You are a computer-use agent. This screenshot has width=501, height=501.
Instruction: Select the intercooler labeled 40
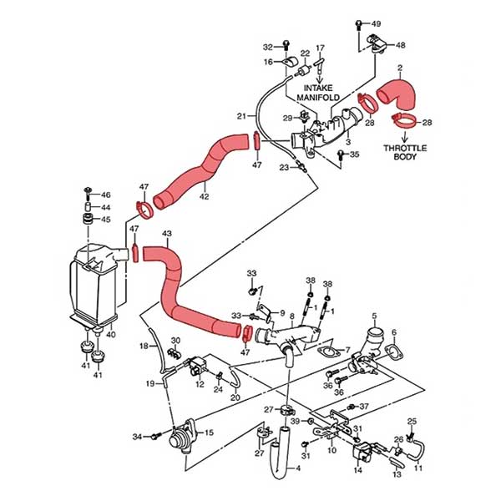(x=96, y=286)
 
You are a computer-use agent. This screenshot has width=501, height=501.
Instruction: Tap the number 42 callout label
(x=204, y=196)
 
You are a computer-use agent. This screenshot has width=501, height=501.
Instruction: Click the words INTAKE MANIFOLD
(x=318, y=93)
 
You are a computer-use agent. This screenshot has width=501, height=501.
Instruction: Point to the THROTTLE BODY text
(x=405, y=153)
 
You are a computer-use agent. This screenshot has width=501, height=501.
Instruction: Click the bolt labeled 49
(x=359, y=25)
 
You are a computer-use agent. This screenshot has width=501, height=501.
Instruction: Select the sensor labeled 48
(x=377, y=43)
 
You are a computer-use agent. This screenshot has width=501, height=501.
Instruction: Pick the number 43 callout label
(x=167, y=234)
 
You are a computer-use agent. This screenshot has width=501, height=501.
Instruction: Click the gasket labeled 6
(x=393, y=350)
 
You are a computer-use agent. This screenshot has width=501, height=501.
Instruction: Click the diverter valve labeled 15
(x=181, y=437)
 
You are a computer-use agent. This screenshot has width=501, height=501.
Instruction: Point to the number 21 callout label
(x=241, y=116)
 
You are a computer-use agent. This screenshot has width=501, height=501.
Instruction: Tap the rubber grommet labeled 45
(x=88, y=220)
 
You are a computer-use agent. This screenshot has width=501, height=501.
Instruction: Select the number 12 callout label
(x=200, y=384)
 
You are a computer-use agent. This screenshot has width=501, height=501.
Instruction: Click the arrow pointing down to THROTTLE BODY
(x=405, y=136)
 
